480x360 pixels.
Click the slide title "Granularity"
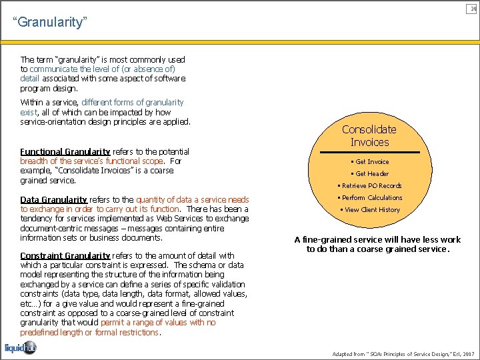pyautogui.click(x=50, y=23)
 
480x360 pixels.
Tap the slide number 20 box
pyautogui.click(x=473, y=8)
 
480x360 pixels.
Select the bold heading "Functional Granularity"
pyautogui.click(x=65, y=151)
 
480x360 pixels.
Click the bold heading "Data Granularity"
pyautogui.click(x=53, y=199)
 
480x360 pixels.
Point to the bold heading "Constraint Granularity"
pyautogui.click(x=65, y=255)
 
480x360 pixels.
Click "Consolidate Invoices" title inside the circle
pyautogui.click(x=369, y=135)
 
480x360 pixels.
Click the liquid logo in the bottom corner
pyautogui.click(x=21, y=347)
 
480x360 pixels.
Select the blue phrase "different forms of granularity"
pyautogui.click(x=132, y=103)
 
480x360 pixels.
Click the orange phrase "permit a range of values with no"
pyautogui.click(x=158, y=323)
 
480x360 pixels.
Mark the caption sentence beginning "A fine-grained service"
pyautogui.click(x=377, y=245)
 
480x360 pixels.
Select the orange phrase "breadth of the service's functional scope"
pyautogui.click(x=91, y=161)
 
